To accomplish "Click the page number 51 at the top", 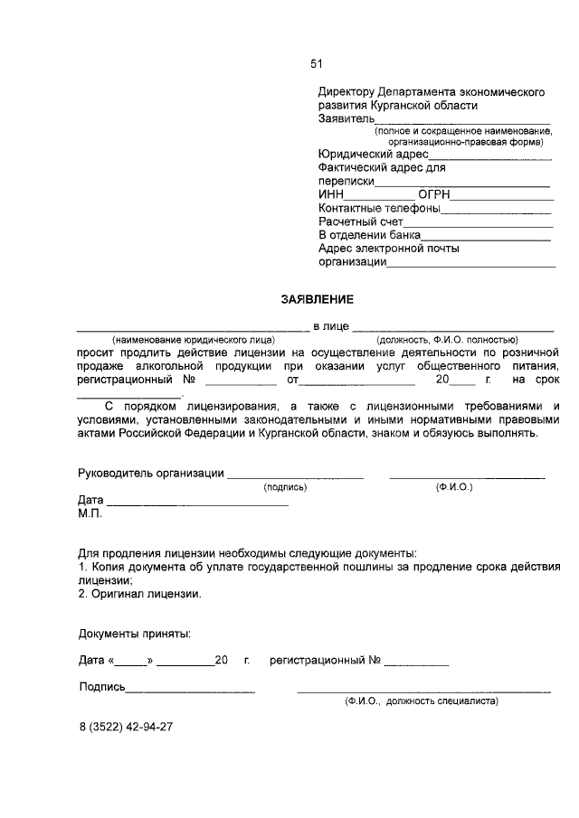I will point(317,63).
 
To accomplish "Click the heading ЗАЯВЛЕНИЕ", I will point(317,298).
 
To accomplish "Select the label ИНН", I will point(331,194).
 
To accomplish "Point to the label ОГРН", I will point(434,194).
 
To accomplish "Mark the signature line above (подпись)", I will point(295,476).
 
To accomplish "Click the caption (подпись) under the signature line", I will point(285,487).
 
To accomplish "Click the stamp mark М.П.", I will point(90,514).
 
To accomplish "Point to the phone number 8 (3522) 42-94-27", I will point(125,726).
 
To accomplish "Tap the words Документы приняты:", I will point(134,635).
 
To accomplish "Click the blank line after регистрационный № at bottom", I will point(416,664).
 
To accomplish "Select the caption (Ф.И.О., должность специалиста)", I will point(421,700).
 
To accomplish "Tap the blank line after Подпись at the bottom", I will point(190,691).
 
